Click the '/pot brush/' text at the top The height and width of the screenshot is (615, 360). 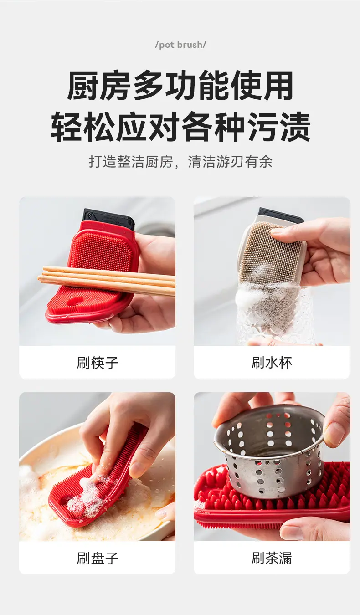(x=180, y=45)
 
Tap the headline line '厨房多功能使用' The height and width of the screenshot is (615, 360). (x=180, y=85)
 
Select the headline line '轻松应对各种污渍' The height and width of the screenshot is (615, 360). (x=180, y=127)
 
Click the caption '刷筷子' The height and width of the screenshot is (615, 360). (x=98, y=363)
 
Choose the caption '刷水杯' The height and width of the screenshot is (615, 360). (x=272, y=363)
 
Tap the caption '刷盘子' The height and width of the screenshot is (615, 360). (x=98, y=558)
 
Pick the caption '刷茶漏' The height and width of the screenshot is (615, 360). (x=272, y=558)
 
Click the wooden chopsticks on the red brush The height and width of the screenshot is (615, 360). (x=107, y=280)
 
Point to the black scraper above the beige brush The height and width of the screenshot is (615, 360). (x=280, y=216)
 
